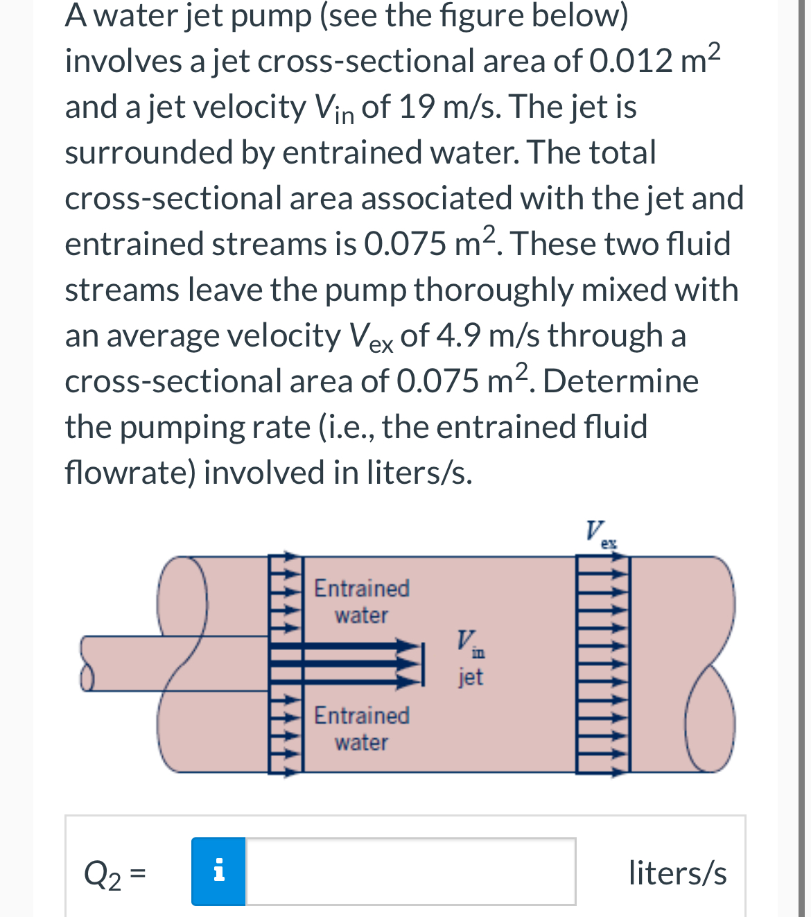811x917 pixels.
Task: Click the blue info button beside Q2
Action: [218, 871]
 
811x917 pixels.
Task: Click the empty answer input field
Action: [410, 871]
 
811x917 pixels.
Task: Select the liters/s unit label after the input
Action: [677, 873]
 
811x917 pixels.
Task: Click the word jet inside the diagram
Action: [470, 676]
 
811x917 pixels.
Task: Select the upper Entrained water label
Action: [361, 601]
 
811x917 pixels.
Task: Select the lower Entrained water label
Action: [361, 728]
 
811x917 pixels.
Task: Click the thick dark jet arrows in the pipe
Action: [347, 664]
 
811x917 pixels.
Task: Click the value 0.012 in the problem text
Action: [631, 62]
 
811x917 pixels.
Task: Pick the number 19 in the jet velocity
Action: [417, 107]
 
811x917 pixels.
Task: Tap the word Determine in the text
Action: [620, 382]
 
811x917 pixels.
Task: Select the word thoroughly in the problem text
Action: [493, 290]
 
